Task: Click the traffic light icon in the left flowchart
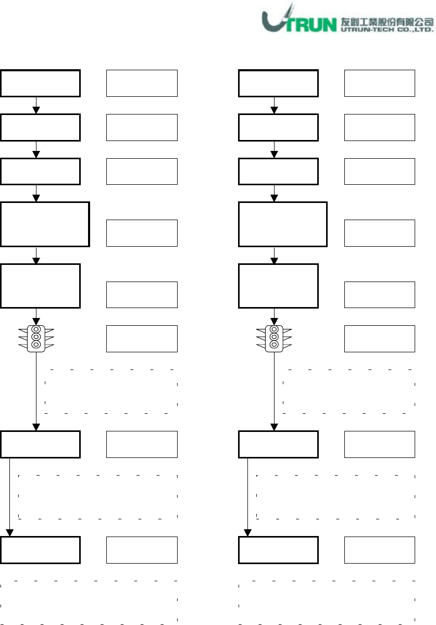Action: tap(36, 337)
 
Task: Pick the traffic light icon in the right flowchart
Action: tap(274, 337)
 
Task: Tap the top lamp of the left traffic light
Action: tap(36, 329)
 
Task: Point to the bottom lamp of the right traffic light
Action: tap(274, 345)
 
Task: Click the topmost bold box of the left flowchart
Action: tap(40, 83)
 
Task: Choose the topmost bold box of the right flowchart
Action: tap(278, 83)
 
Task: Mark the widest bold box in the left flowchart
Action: tap(45, 224)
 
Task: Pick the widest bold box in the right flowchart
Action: tap(283, 224)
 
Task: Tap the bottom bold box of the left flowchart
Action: tap(40, 550)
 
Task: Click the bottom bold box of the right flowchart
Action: tap(278, 550)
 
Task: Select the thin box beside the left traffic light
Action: tap(142, 338)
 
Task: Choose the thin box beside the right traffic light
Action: tap(380, 338)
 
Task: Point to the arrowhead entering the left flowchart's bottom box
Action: tap(10, 532)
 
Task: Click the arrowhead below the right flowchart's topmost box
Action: tap(274, 110)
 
